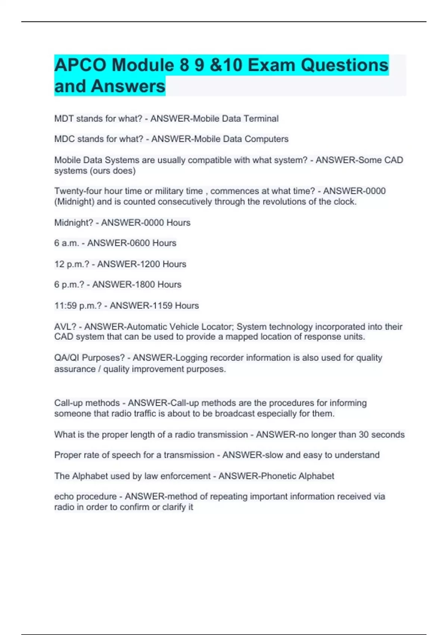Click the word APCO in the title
click(x=80, y=65)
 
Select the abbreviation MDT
click(x=64, y=119)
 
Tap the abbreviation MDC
click(x=64, y=139)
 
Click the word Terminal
click(x=261, y=119)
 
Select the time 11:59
click(x=66, y=306)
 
